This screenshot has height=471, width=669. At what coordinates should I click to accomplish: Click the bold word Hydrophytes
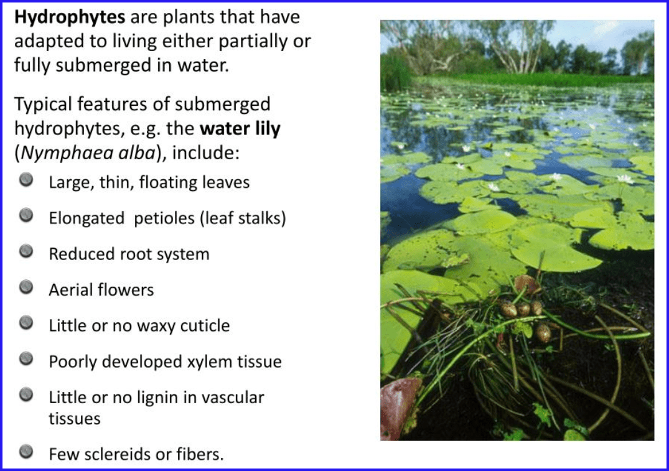coord(70,17)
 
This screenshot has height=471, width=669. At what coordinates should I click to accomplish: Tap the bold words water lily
coord(240,129)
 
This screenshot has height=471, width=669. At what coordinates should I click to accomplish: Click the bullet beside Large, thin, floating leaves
coord(26,180)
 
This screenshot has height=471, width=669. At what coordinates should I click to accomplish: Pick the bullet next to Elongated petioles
coord(26,215)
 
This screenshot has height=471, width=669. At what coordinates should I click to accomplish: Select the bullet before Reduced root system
coord(26,251)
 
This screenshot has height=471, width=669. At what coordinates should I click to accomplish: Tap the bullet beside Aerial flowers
coord(26,287)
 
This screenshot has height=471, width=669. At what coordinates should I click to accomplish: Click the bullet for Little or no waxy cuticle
coord(26,323)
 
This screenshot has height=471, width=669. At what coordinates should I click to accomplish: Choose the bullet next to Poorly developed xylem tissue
coord(26,359)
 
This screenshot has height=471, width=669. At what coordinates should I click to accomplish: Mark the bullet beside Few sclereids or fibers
coord(26,451)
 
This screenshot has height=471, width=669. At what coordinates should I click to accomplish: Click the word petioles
coord(164,218)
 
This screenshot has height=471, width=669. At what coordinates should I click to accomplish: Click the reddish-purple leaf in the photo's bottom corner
coord(398,408)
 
